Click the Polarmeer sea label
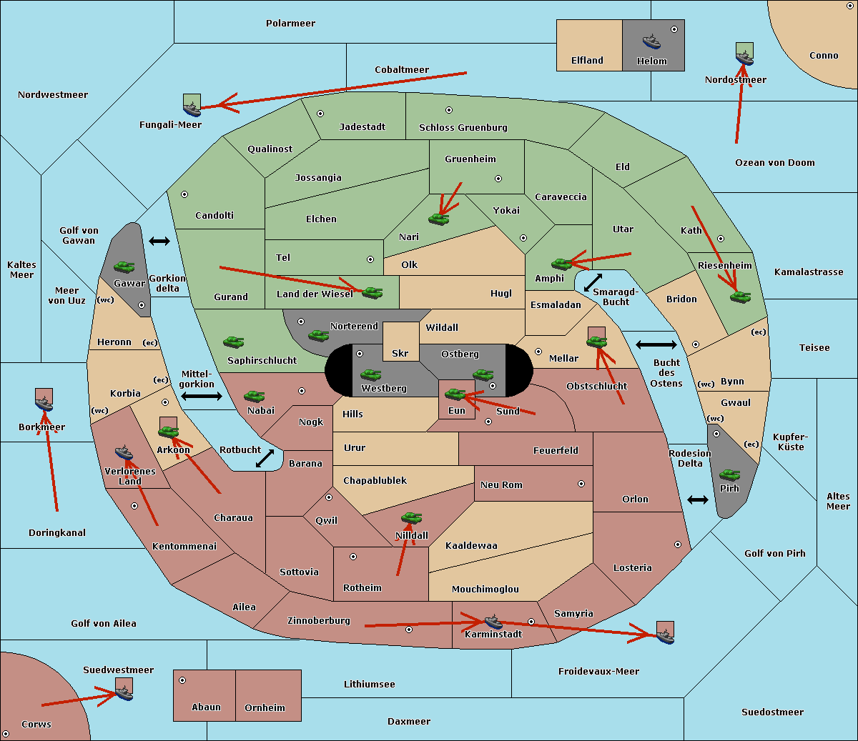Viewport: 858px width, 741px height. pos(290,24)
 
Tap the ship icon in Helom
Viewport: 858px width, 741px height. pos(651,41)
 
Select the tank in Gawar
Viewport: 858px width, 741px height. pos(124,267)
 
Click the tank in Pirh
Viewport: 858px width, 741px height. pos(729,474)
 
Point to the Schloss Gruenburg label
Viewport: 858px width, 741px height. pos(463,127)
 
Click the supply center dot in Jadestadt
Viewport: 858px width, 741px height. pos(320,114)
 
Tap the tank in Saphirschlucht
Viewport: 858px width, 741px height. pos(233,342)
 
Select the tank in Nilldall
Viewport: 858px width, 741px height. pos(411,518)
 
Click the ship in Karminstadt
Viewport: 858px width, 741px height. pos(493,622)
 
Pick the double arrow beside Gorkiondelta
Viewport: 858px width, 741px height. pos(159,241)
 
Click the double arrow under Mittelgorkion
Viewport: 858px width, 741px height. pos(202,396)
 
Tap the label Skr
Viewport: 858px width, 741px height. pos(400,353)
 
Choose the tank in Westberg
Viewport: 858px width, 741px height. pos(370,374)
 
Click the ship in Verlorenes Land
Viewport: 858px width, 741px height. pos(124,452)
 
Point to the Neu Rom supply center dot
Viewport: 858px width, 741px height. pos(581,484)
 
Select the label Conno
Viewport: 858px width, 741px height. pos(824,56)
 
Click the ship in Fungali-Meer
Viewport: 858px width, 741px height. pos(192,109)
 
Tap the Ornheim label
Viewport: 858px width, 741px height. pos(265,707)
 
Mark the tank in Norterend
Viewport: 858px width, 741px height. pos(318,335)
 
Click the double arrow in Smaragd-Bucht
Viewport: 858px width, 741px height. pos(593,282)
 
